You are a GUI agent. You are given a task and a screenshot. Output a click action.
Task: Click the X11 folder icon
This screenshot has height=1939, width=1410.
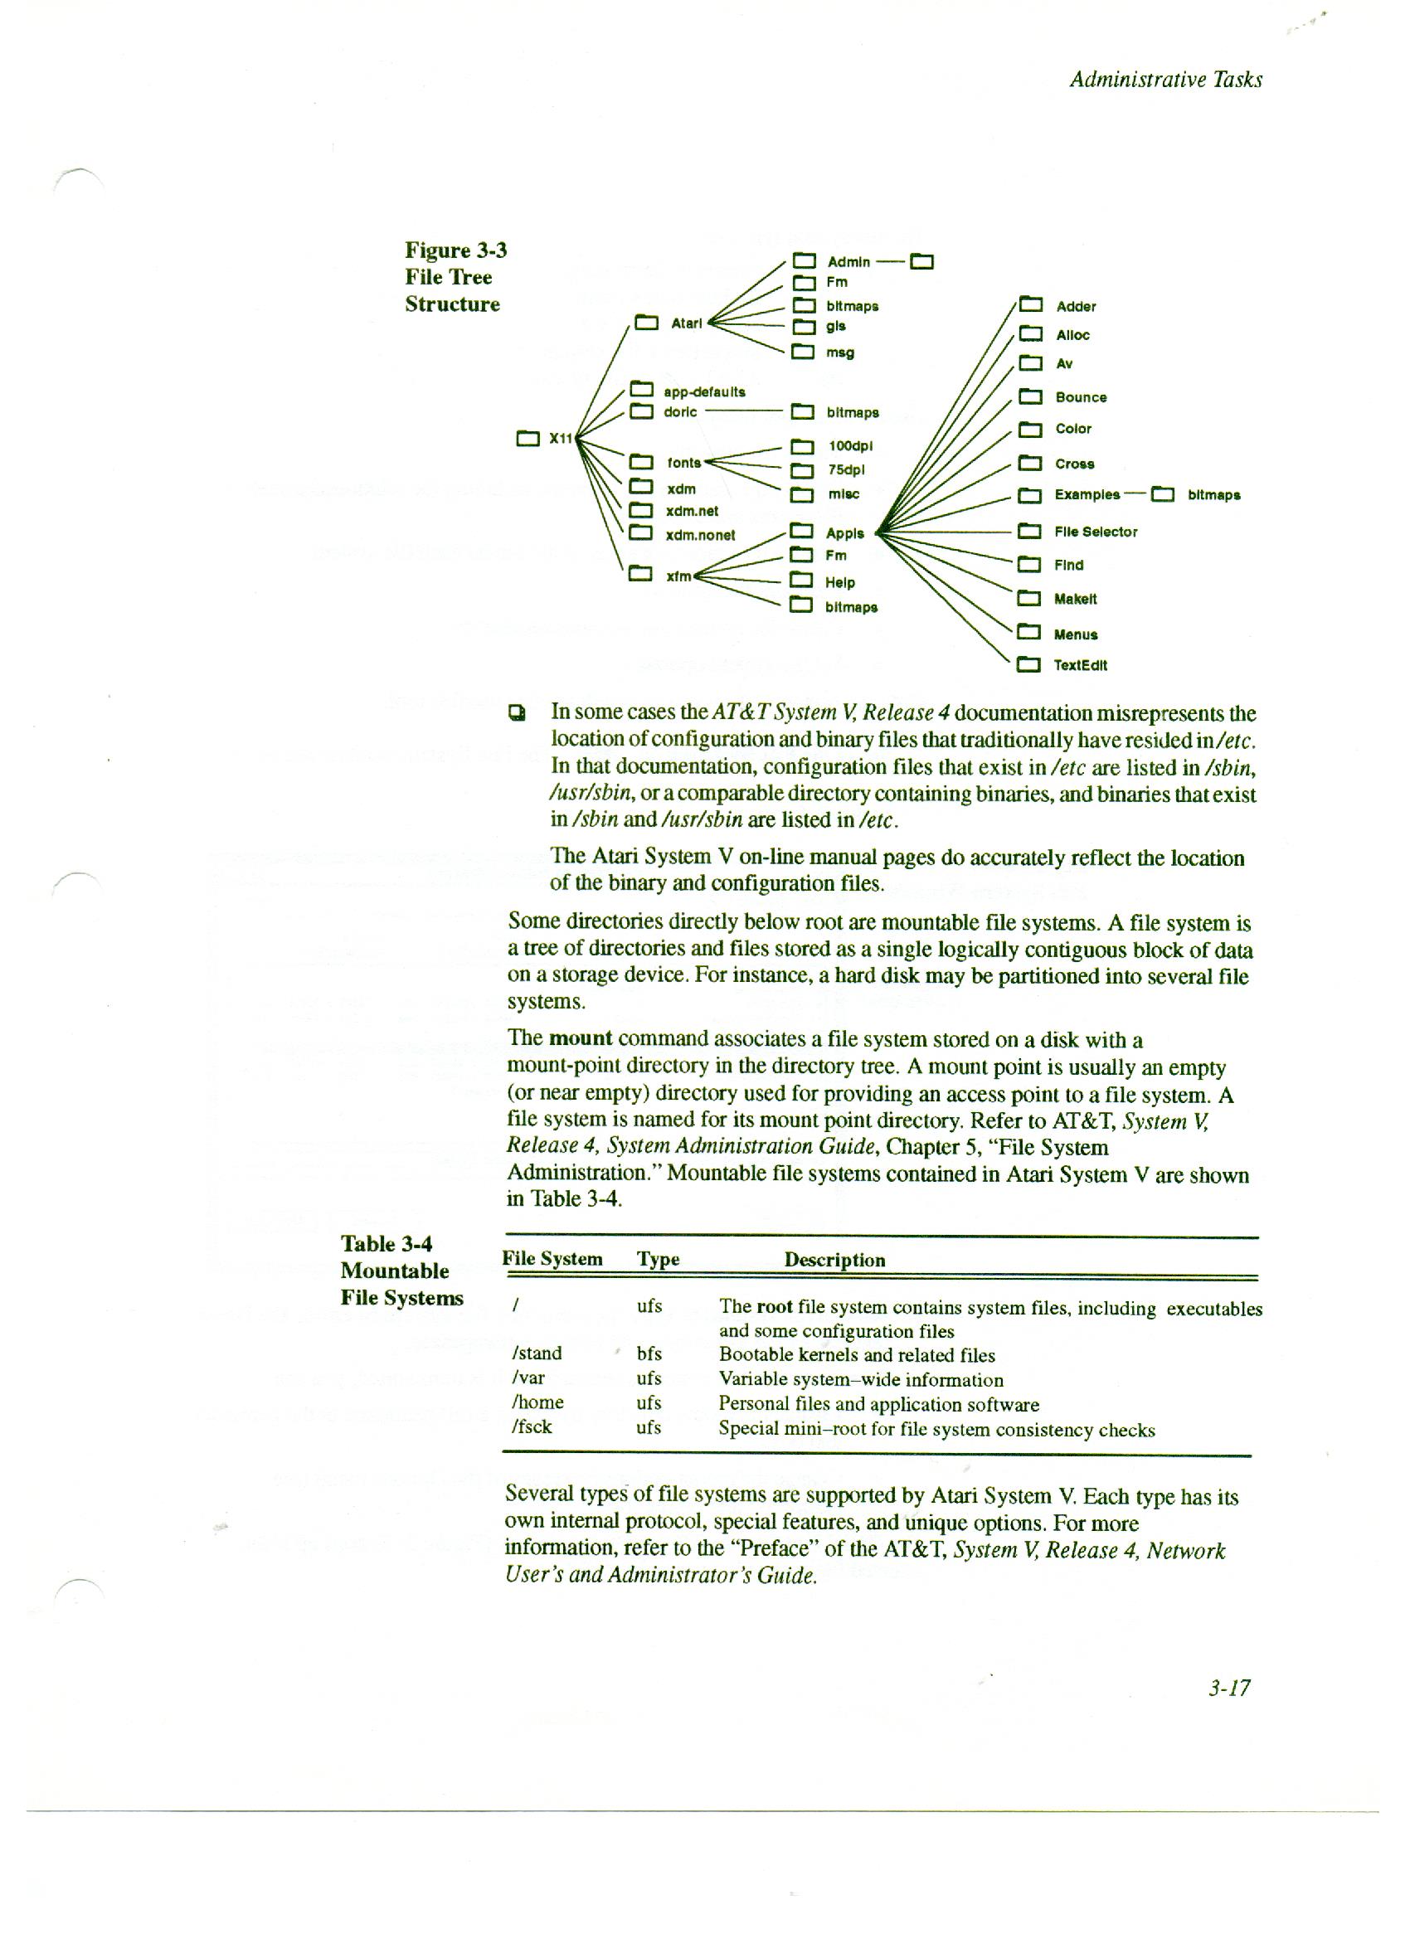click(528, 440)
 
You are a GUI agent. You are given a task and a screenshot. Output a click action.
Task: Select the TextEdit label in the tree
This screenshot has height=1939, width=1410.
click(1081, 665)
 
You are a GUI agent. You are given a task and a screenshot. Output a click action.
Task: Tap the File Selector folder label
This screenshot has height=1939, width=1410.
click(1096, 532)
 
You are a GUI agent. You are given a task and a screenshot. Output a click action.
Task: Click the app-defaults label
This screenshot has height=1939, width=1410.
click(703, 391)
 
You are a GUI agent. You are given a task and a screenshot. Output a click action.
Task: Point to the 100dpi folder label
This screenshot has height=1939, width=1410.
click(850, 445)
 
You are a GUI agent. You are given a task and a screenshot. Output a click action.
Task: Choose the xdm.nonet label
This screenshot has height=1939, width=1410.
click(700, 535)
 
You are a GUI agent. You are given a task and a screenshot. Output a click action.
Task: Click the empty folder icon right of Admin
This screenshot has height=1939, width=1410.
click(921, 261)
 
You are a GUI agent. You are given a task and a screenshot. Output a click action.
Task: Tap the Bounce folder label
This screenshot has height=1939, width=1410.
click(1081, 397)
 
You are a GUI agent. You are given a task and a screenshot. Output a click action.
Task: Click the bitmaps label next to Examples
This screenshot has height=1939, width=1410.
click(1213, 495)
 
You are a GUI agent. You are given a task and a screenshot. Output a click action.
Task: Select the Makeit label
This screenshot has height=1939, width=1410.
click(1075, 600)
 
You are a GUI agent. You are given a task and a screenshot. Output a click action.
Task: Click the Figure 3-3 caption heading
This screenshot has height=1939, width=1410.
click(455, 250)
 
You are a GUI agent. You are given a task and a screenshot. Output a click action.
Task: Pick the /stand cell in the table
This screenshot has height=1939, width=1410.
click(536, 1353)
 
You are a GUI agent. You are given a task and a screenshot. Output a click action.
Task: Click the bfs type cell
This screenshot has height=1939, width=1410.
click(649, 1353)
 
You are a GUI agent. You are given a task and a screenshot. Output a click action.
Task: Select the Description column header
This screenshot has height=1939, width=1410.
click(834, 1260)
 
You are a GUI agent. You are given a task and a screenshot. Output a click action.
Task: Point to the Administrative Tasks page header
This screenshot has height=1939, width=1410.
click(1165, 80)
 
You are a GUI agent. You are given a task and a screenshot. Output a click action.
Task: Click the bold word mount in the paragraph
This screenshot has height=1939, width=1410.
click(580, 1038)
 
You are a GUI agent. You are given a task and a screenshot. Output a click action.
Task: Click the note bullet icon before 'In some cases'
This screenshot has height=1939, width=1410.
click(516, 712)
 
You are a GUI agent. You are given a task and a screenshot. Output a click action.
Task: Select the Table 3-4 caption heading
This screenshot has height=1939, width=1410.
click(387, 1244)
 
